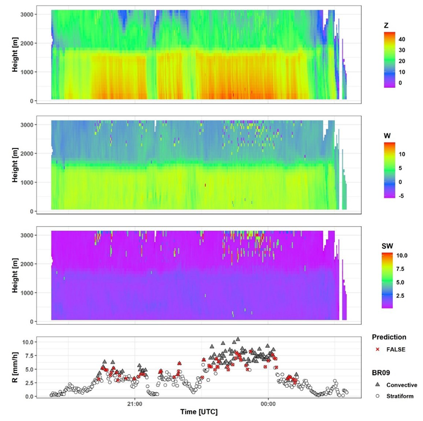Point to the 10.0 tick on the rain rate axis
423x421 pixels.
28,342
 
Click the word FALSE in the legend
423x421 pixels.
397,349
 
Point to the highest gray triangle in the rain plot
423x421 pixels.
237,340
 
